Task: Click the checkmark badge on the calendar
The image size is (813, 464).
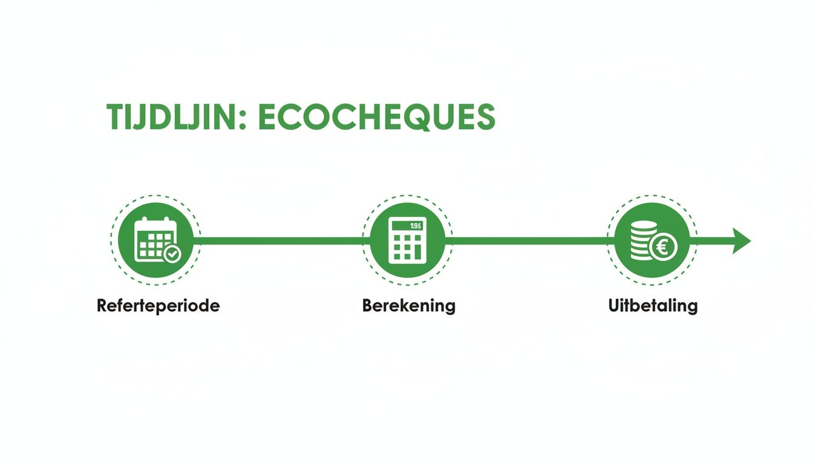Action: tap(172, 254)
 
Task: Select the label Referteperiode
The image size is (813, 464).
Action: tap(158, 306)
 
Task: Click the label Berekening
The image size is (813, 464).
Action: tap(408, 306)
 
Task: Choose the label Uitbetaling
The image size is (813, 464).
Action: tap(653, 306)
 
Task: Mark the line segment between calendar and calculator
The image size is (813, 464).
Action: tap(278, 241)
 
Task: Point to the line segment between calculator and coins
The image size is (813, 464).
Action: tap(526, 241)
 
